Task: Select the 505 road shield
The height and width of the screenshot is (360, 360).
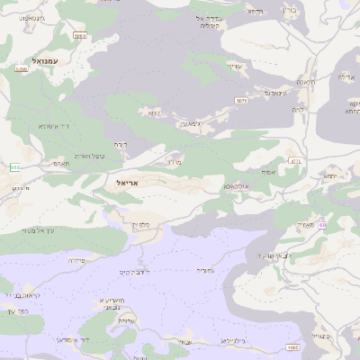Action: [x=14, y=167]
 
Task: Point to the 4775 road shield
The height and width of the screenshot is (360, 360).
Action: [x=294, y=161]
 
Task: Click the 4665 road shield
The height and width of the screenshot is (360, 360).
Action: [x=292, y=346]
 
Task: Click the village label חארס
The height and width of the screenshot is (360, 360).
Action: [x=60, y=165]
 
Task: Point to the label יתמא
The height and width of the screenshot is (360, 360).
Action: [x=332, y=176]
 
